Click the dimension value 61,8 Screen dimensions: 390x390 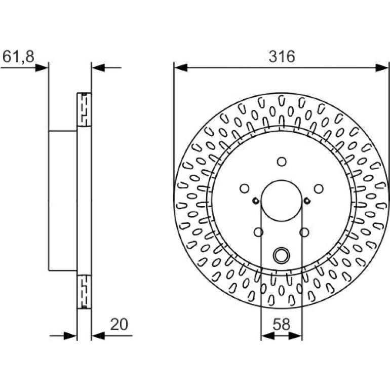[x=18, y=56]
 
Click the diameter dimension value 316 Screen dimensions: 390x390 [x=282, y=56]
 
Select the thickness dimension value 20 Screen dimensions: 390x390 [x=119, y=324]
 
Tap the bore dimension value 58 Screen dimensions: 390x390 [x=281, y=324]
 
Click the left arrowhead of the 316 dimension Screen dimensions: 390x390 [x=181, y=67]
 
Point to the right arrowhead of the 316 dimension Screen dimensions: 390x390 [x=381, y=67]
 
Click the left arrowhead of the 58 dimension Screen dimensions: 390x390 [x=268, y=336]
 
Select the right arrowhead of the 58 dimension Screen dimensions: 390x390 [x=295, y=336]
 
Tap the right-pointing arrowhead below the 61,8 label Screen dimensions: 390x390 [x=42, y=67]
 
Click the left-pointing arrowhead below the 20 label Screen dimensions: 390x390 [x=98, y=336]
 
